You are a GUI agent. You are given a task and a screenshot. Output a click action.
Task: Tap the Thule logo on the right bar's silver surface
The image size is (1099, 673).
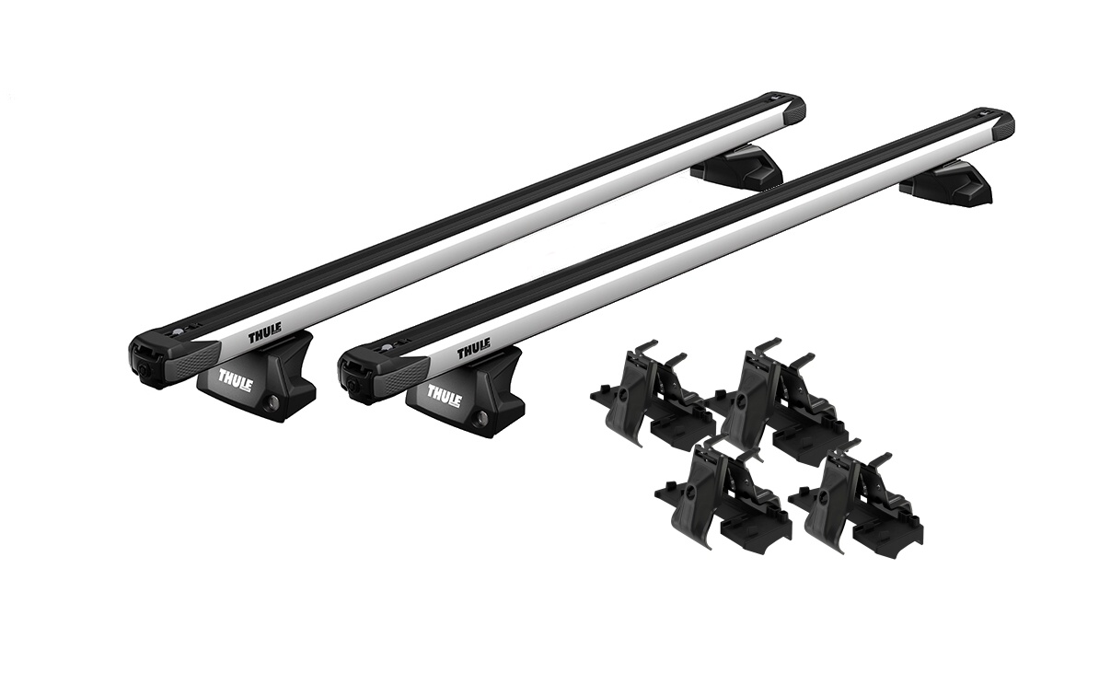[473, 350]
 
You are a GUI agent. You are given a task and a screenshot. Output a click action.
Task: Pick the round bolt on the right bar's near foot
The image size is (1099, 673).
[481, 419]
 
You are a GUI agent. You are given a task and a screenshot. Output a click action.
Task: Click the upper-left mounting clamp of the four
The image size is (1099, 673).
[650, 393]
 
